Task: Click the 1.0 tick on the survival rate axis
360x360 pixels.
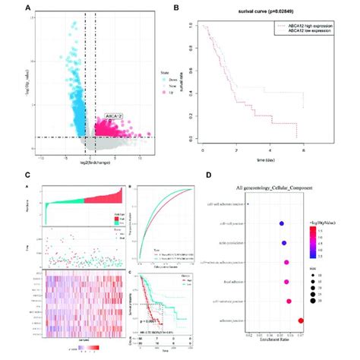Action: tap(197, 27)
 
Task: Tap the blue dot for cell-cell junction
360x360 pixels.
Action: tap(282, 224)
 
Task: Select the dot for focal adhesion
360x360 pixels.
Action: tap(286, 283)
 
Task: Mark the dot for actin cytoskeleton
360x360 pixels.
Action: tap(284, 244)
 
